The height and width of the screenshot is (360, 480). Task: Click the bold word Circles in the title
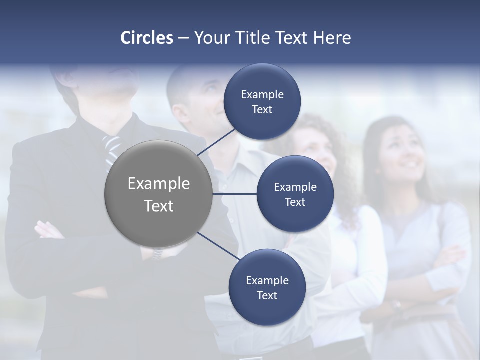click(x=146, y=38)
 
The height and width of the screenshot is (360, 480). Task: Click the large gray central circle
click(x=158, y=194)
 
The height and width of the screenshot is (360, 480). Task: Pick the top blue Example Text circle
click(x=262, y=102)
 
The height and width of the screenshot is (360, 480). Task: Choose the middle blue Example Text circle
click(x=295, y=194)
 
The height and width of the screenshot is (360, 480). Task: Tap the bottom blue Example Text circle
click(x=267, y=287)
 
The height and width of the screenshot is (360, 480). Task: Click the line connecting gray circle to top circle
click(x=217, y=141)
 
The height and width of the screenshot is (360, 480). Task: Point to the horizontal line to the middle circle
click(x=235, y=194)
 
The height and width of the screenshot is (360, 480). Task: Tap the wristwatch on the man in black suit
click(x=158, y=253)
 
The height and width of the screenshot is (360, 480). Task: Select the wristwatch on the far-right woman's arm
click(x=397, y=304)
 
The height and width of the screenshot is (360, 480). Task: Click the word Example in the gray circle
click(x=158, y=184)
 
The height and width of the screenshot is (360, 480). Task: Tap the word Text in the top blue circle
click(x=262, y=110)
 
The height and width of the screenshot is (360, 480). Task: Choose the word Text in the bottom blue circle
click(x=267, y=295)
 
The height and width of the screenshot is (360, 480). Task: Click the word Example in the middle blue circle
click(x=295, y=187)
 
